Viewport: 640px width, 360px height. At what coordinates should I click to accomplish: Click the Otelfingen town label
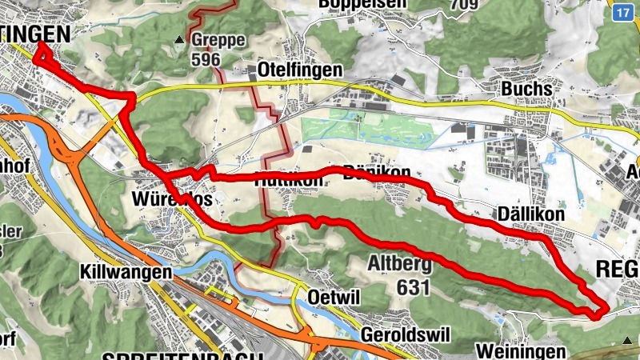[300, 70]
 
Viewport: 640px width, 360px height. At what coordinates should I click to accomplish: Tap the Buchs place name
[526, 89]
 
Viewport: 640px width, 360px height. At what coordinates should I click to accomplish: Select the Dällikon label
[530, 214]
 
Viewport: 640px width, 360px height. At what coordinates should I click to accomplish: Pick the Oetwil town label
[334, 297]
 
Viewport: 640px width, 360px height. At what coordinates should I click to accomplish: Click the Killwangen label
[126, 272]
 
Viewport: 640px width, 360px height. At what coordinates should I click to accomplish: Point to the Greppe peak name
[218, 39]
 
